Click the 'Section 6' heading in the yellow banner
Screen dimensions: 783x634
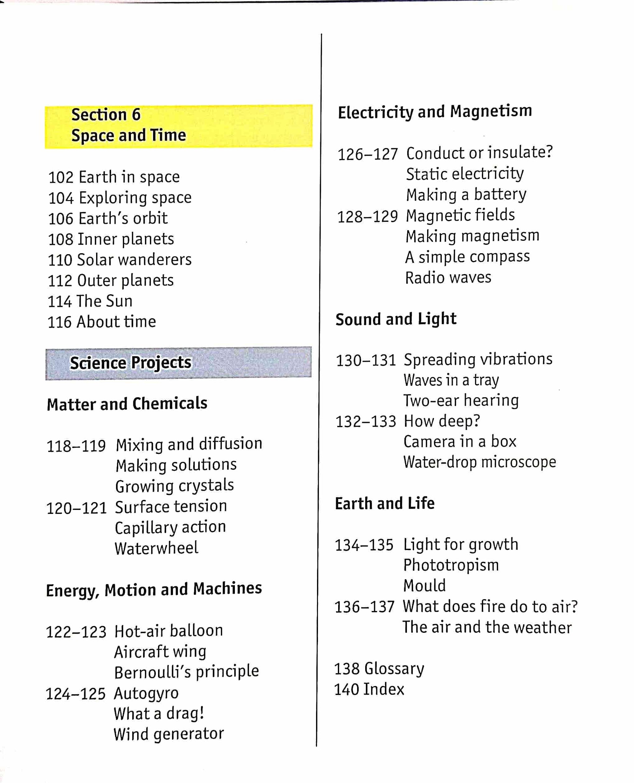(106, 115)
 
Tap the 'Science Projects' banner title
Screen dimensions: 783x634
(130, 363)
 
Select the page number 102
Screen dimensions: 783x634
(61, 178)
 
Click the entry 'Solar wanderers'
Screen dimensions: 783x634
(134, 260)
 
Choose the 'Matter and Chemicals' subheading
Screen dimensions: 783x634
(127, 404)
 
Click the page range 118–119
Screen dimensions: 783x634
(76, 446)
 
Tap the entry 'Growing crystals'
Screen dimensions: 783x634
(174, 486)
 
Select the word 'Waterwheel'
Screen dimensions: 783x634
(156, 548)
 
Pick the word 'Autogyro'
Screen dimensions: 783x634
(146, 693)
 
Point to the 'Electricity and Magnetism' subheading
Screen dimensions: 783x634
(435, 111)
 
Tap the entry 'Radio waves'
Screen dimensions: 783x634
(448, 278)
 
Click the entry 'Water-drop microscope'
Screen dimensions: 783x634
(480, 462)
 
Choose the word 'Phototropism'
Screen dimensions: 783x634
(451, 565)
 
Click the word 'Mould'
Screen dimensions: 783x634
(425, 586)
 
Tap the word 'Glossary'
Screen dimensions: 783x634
(395, 669)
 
